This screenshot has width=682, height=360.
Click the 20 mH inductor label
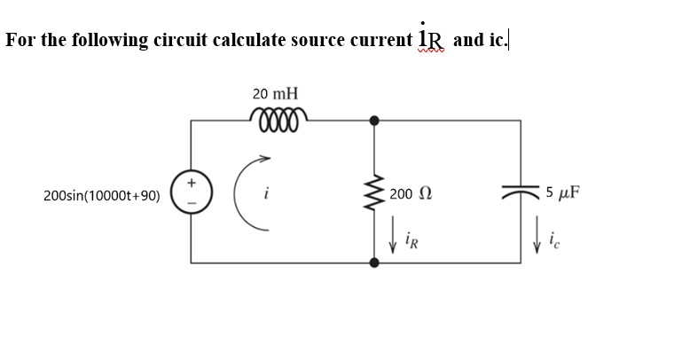point(275,93)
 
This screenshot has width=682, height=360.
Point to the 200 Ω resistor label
point(414,193)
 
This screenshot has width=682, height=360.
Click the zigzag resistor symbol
point(374,193)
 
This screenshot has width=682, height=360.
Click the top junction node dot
point(374,119)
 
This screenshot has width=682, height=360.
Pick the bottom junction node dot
point(374,263)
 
